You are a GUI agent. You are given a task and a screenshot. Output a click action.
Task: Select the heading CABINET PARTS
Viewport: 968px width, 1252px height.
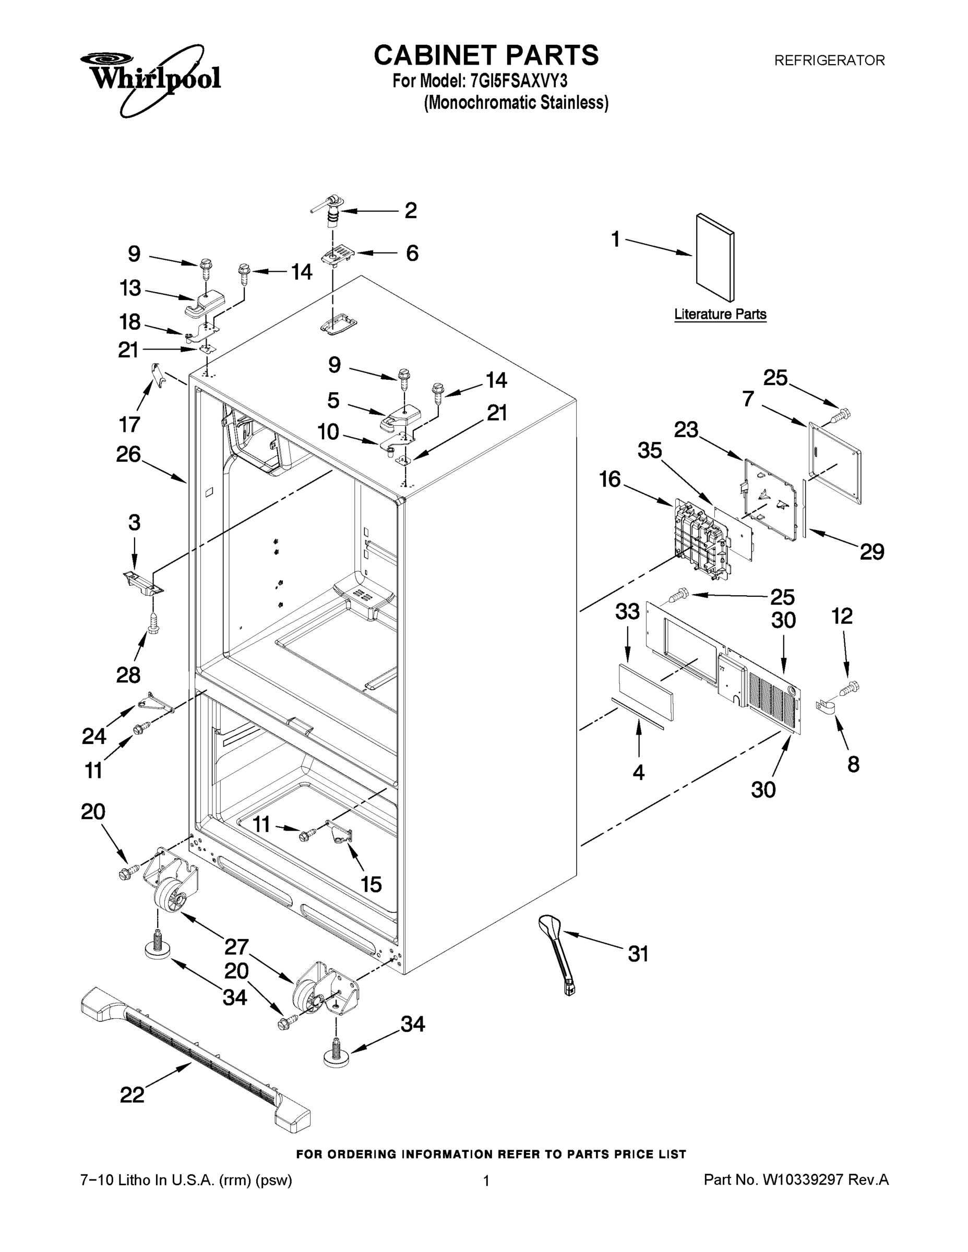(486, 56)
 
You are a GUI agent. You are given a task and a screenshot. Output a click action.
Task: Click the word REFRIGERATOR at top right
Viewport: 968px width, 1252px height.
(829, 60)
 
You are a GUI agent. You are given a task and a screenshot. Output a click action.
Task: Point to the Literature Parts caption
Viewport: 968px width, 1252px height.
(720, 314)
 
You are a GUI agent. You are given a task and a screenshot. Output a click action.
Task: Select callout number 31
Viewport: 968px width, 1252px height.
(638, 954)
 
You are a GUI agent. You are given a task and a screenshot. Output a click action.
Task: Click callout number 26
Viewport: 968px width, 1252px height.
(128, 454)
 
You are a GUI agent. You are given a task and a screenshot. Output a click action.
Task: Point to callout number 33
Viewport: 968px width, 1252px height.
(627, 612)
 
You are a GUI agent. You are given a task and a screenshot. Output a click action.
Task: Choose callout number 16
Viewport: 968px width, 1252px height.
(610, 479)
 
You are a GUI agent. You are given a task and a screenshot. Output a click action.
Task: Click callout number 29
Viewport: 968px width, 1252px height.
(871, 551)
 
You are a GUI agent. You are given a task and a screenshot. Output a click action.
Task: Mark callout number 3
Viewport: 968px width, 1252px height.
(134, 522)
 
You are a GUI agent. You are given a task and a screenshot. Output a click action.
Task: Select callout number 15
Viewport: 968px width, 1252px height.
(371, 885)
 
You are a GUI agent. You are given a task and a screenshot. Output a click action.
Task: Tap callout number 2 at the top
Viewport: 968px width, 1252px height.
(411, 210)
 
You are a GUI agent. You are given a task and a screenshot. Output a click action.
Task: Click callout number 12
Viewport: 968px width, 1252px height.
(842, 616)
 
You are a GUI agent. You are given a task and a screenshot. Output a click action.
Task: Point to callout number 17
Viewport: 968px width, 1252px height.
(129, 424)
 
